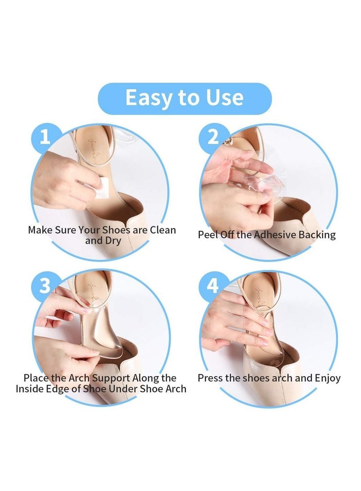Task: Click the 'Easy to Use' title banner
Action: click(185, 98)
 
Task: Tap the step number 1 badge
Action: click(45, 137)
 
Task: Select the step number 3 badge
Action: click(44, 286)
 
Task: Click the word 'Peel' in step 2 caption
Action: click(208, 235)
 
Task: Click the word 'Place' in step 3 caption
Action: click(36, 377)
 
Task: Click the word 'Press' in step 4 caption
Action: click(210, 377)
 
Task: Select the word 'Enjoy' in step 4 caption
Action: click(326, 377)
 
